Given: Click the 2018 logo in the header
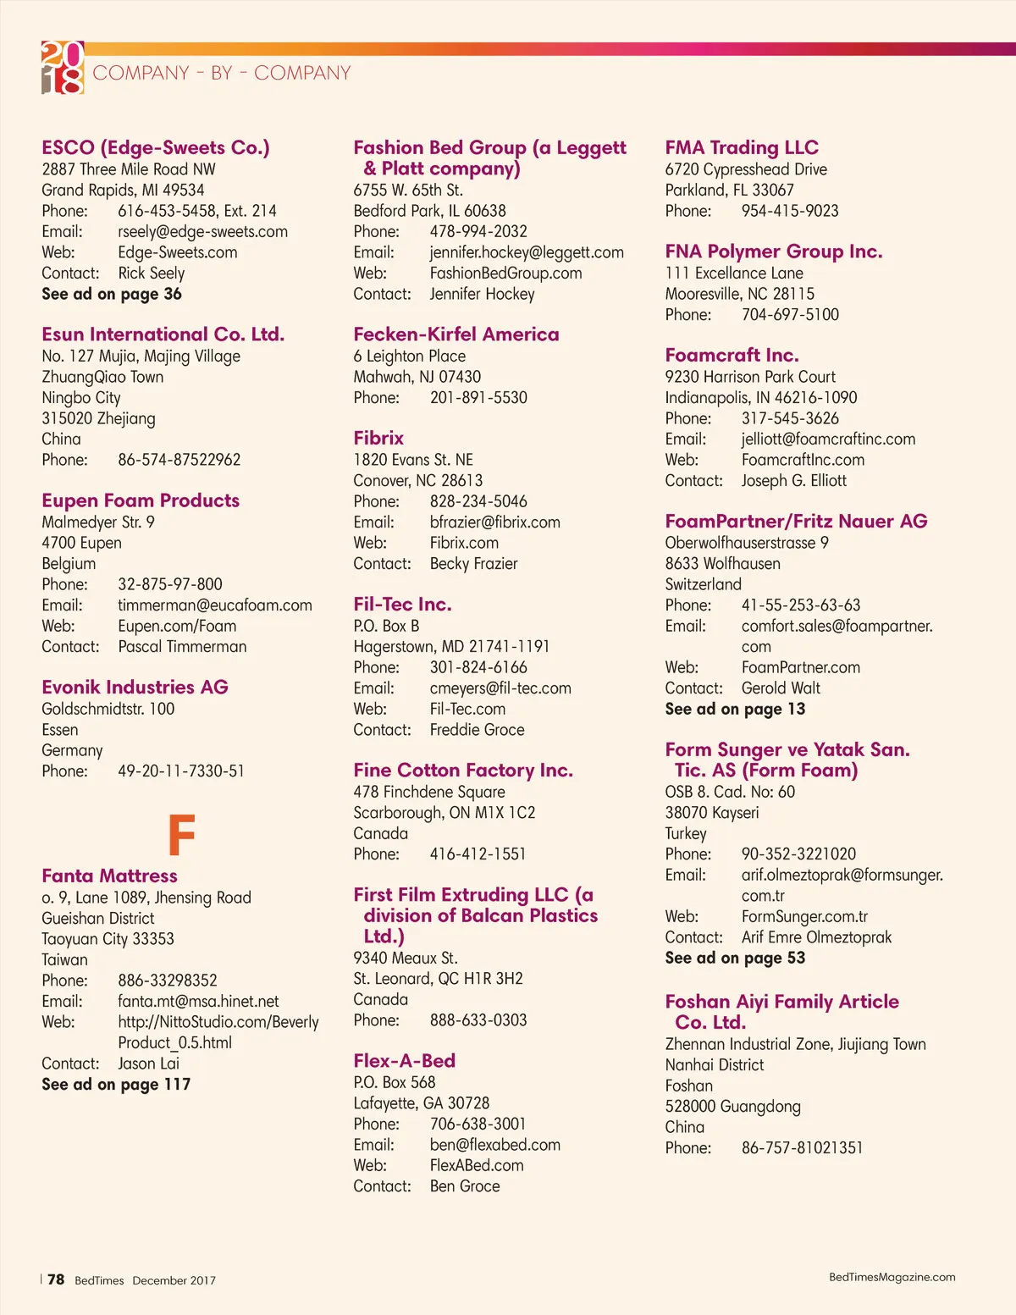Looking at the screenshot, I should point(63,67).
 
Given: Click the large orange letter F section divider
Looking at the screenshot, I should point(181,835).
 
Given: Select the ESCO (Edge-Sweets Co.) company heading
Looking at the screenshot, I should point(156,147).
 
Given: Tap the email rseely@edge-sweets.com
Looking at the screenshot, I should point(202,231).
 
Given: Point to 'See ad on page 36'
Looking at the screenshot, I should point(112,294).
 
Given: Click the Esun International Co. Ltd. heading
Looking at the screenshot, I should point(163,334).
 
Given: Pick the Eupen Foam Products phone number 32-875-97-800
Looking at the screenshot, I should point(170,584).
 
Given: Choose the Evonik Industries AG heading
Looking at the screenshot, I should point(135,687).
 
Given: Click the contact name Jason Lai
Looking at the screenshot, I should point(149,1064).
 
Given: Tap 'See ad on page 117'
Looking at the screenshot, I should point(116,1085).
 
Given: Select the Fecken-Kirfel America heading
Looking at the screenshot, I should point(456,334).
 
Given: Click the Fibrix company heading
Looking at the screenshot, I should point(378,438).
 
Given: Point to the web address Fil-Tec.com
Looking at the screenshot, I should point(467,709).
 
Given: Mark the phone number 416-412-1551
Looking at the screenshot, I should point(478,854).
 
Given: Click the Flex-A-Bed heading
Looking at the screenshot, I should point(405,1061).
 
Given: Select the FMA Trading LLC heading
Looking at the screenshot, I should point(742,147).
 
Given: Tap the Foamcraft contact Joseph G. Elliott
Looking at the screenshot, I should point(794,481).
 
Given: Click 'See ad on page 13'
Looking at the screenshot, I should point(735,710).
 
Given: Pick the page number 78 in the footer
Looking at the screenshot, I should point(56,1279).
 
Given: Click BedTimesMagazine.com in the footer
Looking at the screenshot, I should point(892,1277).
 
